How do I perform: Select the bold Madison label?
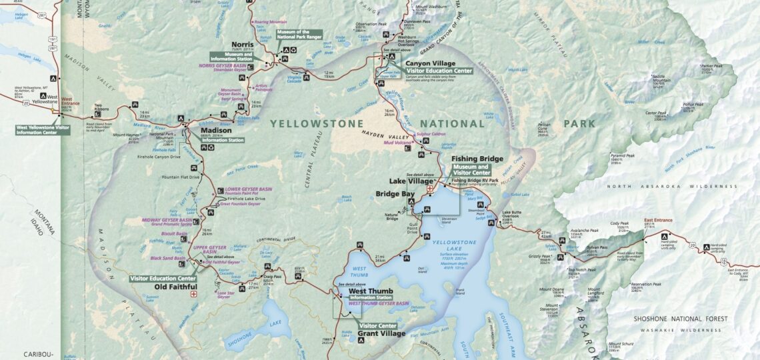211,131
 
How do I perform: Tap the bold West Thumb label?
370,291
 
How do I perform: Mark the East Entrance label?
657,219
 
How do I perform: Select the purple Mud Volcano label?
399,142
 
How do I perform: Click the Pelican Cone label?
527,127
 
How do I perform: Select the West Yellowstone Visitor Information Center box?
43,129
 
